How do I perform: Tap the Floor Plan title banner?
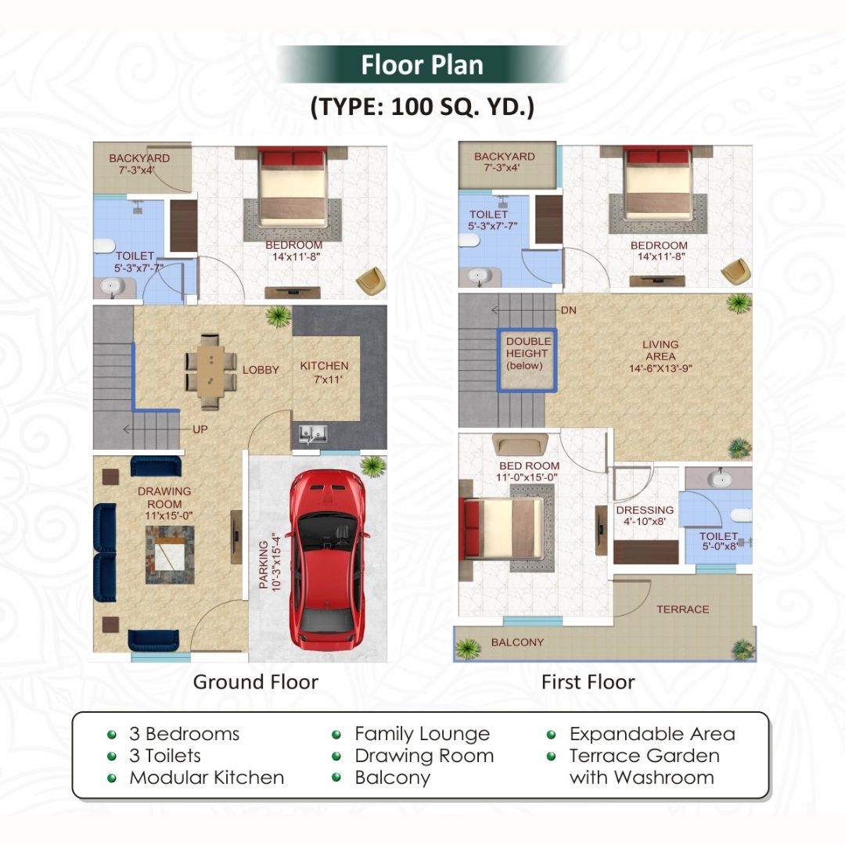(422, 65)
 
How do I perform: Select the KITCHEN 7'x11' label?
(325, 372)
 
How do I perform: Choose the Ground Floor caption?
(256, 681)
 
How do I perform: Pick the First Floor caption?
(588, 681)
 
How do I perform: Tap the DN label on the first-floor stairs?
(569, 311)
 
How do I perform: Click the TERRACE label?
(683, 609)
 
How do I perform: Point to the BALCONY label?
(517, 642)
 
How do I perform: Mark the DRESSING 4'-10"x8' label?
(645, 516)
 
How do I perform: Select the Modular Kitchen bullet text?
(207, 778)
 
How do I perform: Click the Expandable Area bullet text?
(652, 734)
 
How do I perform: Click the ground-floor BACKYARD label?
(139, 163)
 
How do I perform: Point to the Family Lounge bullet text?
(422, 734)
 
